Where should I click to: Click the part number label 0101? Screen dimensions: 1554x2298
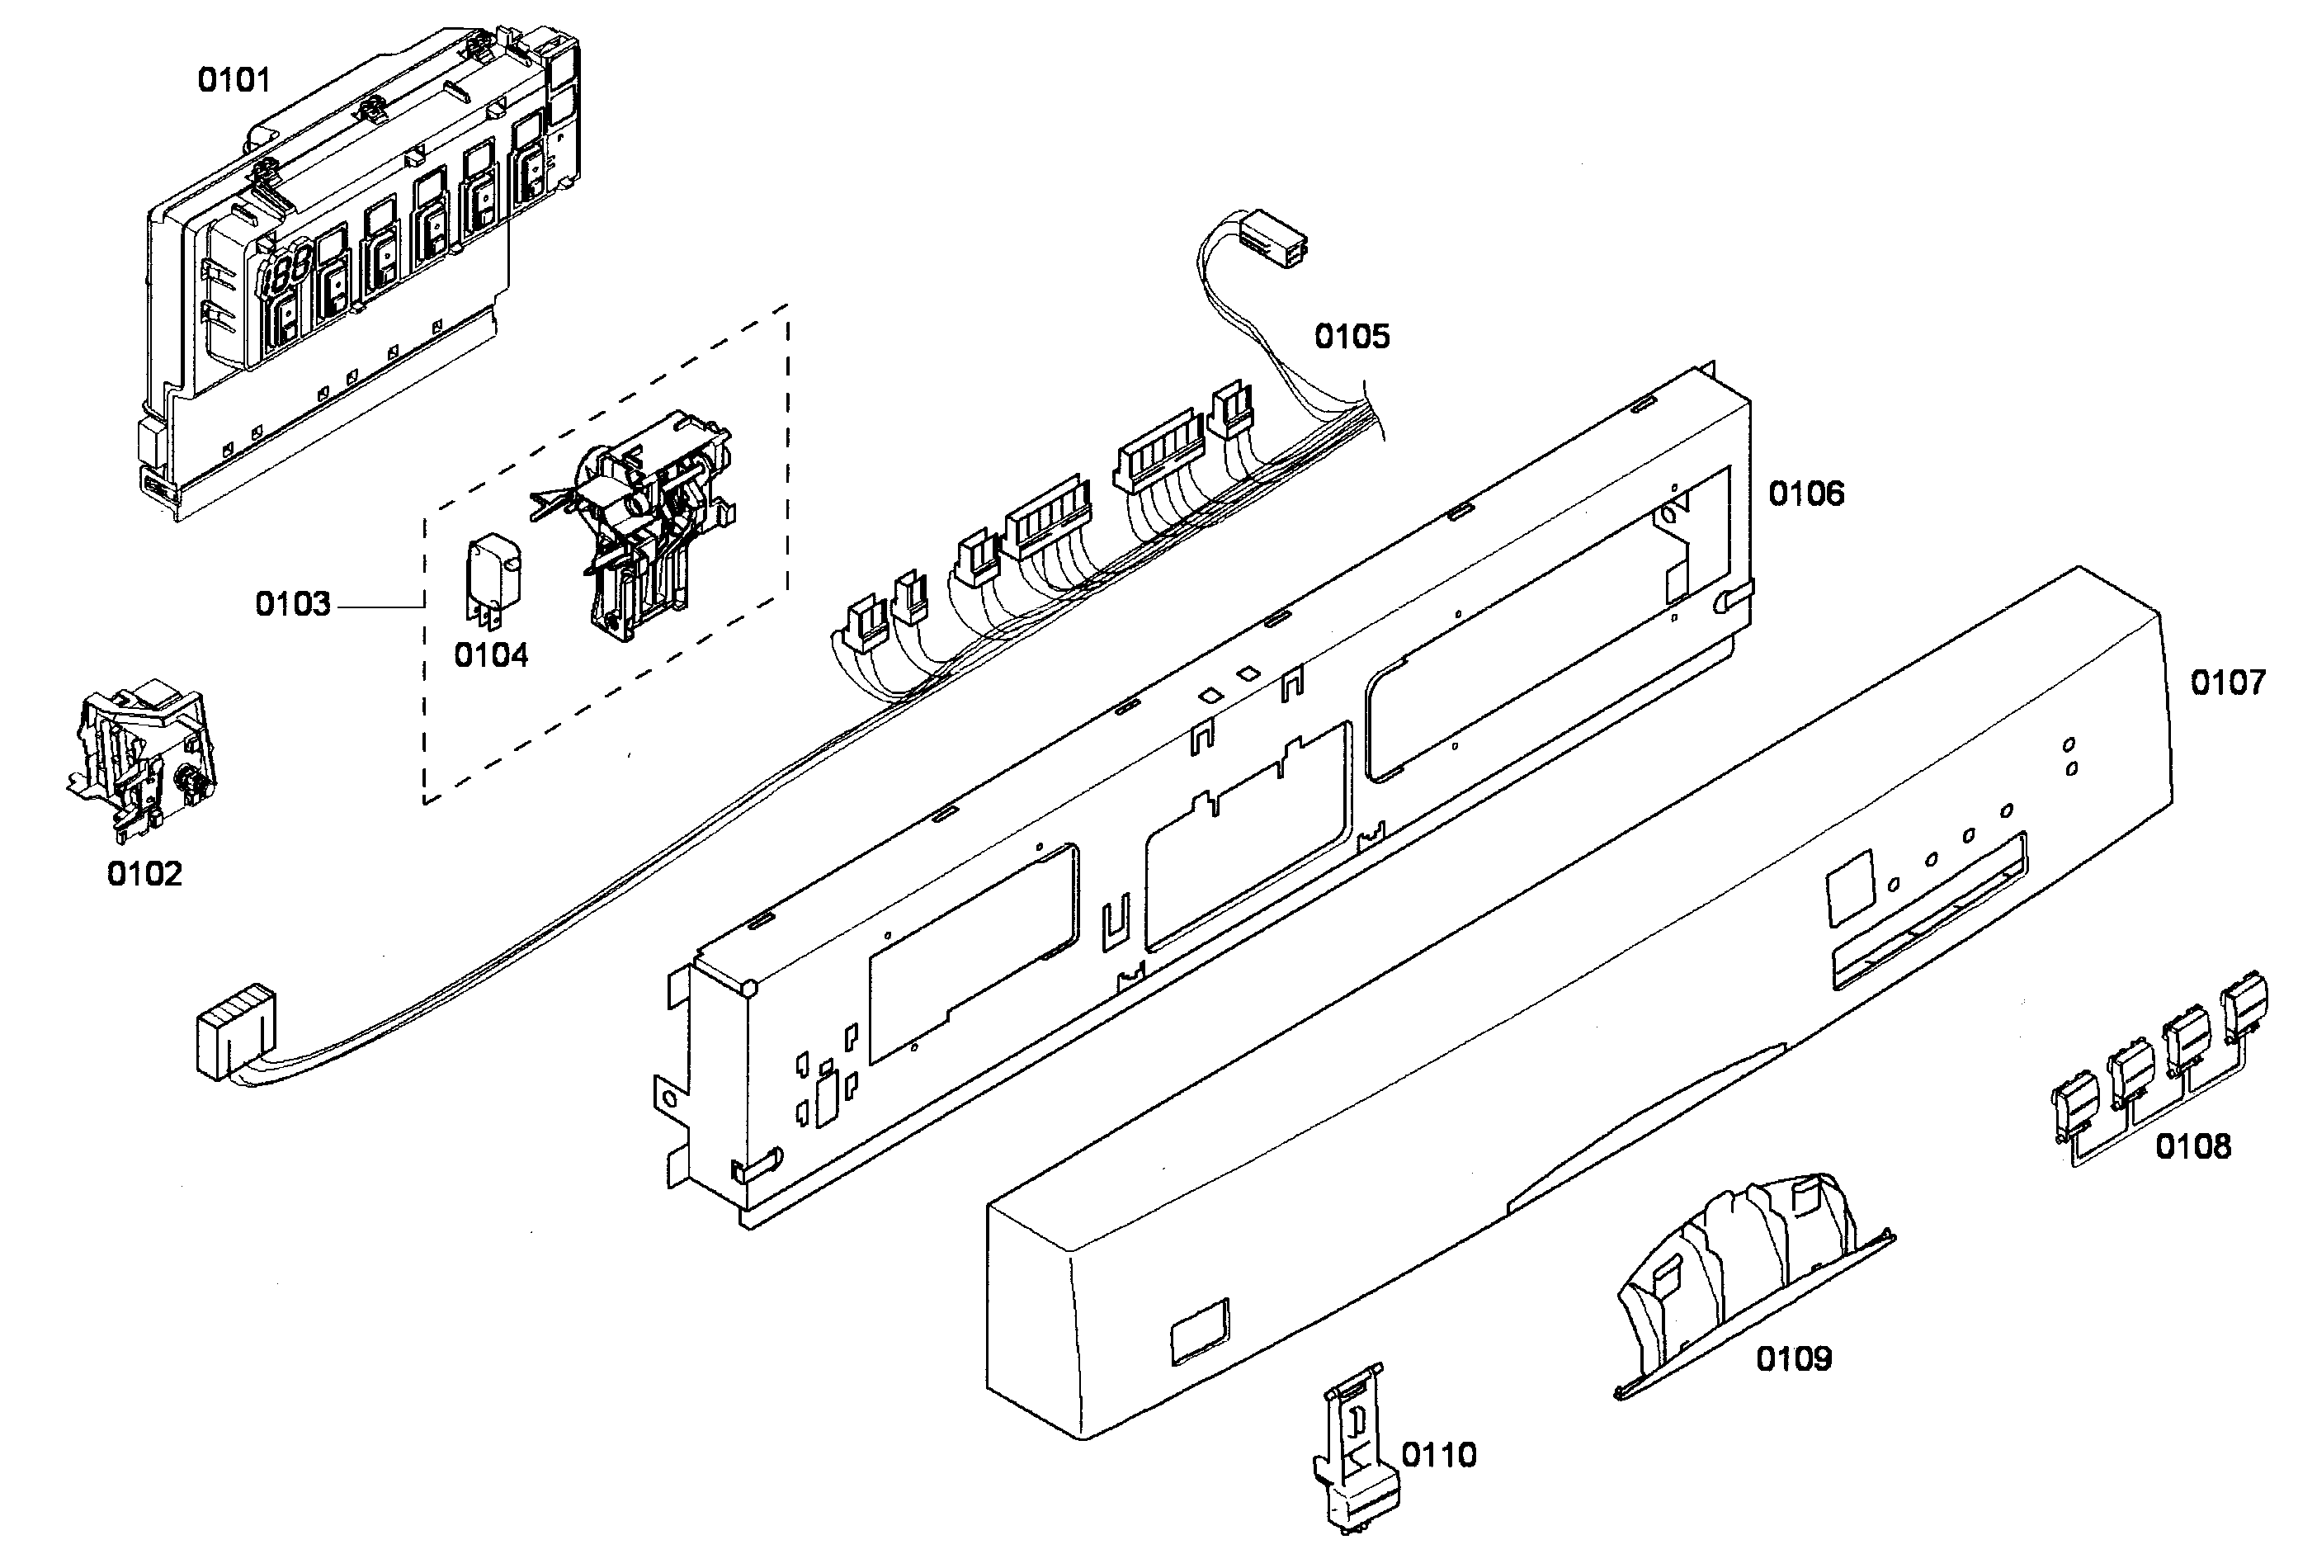234,80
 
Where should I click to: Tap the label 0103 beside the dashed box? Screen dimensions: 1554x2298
293,604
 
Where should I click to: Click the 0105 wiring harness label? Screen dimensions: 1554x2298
1352,338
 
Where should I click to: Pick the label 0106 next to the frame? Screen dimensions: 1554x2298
1805,494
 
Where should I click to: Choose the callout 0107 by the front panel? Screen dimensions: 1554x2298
2227,683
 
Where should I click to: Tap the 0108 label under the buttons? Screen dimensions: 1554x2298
2193,1147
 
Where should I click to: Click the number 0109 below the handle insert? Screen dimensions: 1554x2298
1793,1359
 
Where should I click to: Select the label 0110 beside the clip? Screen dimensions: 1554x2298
1439,1455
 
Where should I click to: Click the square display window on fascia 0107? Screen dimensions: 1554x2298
1850,887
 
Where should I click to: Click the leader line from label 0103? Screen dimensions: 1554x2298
380,606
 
